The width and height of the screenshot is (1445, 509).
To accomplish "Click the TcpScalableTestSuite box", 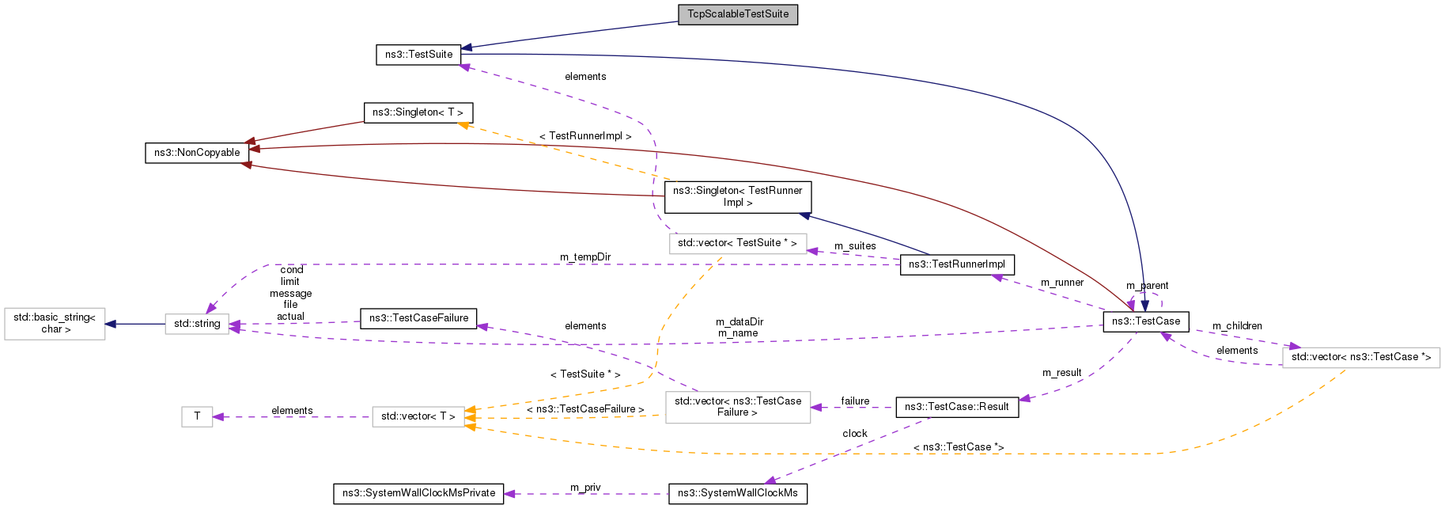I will pyautogui.click(x=737, y=14).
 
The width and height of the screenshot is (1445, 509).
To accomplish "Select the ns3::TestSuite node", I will pyautogui.click(x=418, y=55).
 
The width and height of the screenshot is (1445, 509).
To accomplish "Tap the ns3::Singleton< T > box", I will pyautogui.click(x=418, y=112).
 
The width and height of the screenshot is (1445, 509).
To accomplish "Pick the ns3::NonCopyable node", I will pyautogui.click(x=197, y=153).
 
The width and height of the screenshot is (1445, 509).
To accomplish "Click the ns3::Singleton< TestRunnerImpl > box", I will pyautogui.click(x=737, y=197).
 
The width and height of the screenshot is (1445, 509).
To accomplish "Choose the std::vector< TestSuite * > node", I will pyautogui.click(x=737, y=243).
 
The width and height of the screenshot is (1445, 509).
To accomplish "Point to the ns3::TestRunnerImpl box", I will pyautogui.click(x=956, y=264).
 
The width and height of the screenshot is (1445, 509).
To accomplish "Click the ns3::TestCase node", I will pyautogui.click(x=1145, y=321).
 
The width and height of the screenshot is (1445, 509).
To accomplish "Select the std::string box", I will pyautogui.click(x=197, y=324).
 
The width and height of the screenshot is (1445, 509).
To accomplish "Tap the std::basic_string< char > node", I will pyautogui.click(x=55, y=324).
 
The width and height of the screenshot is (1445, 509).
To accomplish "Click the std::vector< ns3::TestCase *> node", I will pyautogui.click(x=1360, y=357).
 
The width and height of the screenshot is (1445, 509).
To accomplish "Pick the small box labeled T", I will pyautogui.click(x=197, y=416).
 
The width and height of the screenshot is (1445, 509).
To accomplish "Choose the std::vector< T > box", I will pyautogui.click(x=418, y=416).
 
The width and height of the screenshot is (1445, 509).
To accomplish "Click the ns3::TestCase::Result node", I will pyautogui.click(x=956, y=407).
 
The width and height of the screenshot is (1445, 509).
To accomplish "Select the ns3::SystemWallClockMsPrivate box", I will pyautogui.click(x=418, y=493).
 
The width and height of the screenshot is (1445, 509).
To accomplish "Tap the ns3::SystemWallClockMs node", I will pyautogui.click(x=737, y=493).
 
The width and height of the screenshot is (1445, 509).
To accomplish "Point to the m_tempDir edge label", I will pyautogui.click(x=585, y=257).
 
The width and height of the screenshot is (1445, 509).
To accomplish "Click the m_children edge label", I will pyautogui.click(x=1237, y=326).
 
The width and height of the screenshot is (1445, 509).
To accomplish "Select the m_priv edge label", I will pyautogui.click(x=585, y=488).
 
